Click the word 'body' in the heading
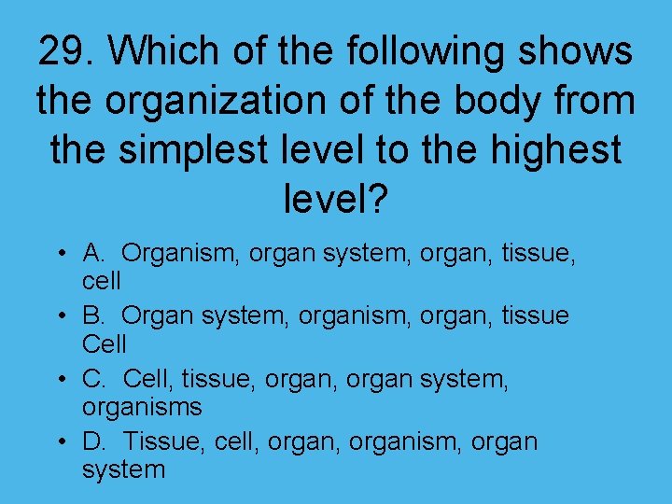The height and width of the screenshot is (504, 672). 494,101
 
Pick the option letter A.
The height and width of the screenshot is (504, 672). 93,253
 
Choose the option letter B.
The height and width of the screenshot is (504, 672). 93,316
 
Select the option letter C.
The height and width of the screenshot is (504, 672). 93,380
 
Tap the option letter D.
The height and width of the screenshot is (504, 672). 93,441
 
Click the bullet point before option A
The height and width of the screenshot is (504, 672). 59,254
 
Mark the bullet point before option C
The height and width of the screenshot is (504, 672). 59,381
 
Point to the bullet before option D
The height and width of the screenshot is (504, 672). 59,442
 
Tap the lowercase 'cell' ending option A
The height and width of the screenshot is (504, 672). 102,281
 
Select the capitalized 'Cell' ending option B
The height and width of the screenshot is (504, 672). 105,344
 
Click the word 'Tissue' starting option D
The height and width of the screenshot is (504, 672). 161,441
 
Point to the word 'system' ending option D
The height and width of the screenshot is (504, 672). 123,470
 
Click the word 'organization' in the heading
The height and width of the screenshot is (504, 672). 232,101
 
